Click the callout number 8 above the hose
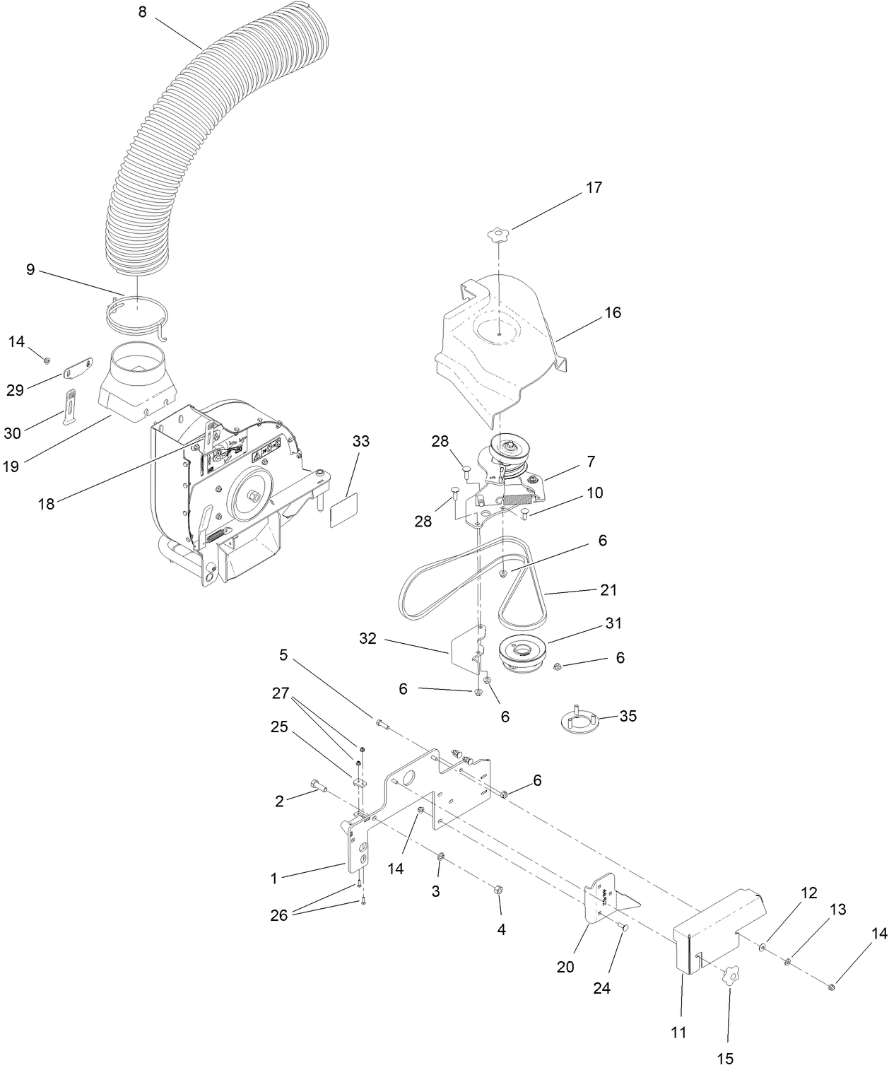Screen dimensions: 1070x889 pyautogui.click(x=142, y=12)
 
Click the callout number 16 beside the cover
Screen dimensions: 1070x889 pyautogui.click(x=613, y=312)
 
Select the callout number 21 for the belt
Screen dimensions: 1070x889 pyautogui.click(x=608, y=589)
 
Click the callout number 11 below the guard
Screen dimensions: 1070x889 pyautogui.click(x=678, y=1032)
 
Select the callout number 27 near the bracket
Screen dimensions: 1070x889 pyautogui.click(x=281, y=693)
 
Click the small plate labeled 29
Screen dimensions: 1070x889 pyautogui.click(x=79, y=368)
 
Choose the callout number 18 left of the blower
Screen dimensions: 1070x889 pyautogui.click(x=47, y=503)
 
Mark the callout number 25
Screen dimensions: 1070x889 pyautogui.click(x=280, y=726)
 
